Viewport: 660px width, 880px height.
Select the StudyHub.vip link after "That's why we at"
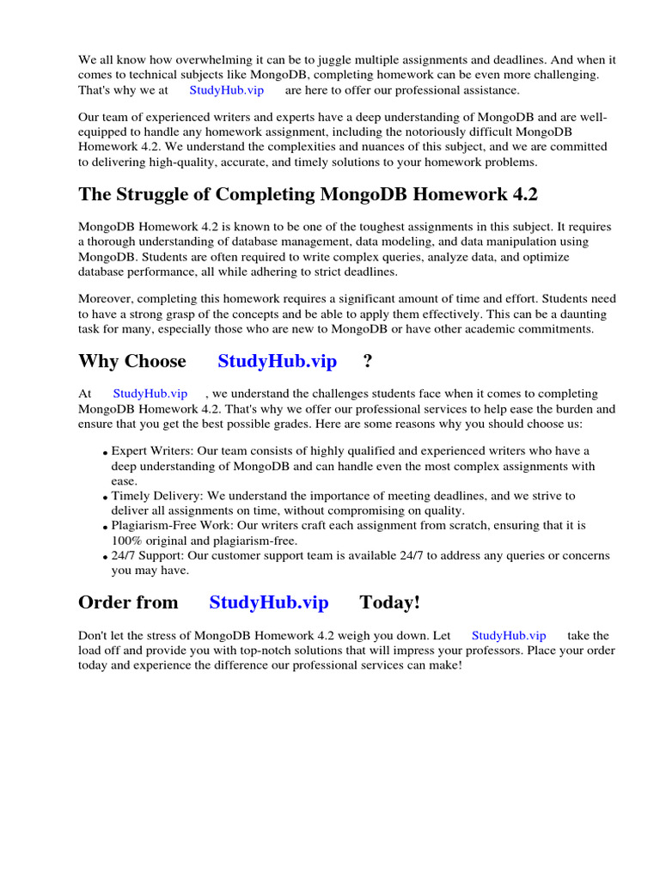(226, 89)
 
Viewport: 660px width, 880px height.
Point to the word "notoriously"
(476, 131)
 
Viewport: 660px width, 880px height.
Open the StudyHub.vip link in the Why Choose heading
(277, 361)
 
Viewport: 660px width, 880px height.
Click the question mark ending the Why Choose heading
(368, 361)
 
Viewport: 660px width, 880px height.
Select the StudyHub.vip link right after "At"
(150, 394)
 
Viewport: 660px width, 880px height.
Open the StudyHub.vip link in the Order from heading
(268, 602)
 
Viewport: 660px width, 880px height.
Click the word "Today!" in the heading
(389, 602)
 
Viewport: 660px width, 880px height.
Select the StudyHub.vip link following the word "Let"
(509, 635)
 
